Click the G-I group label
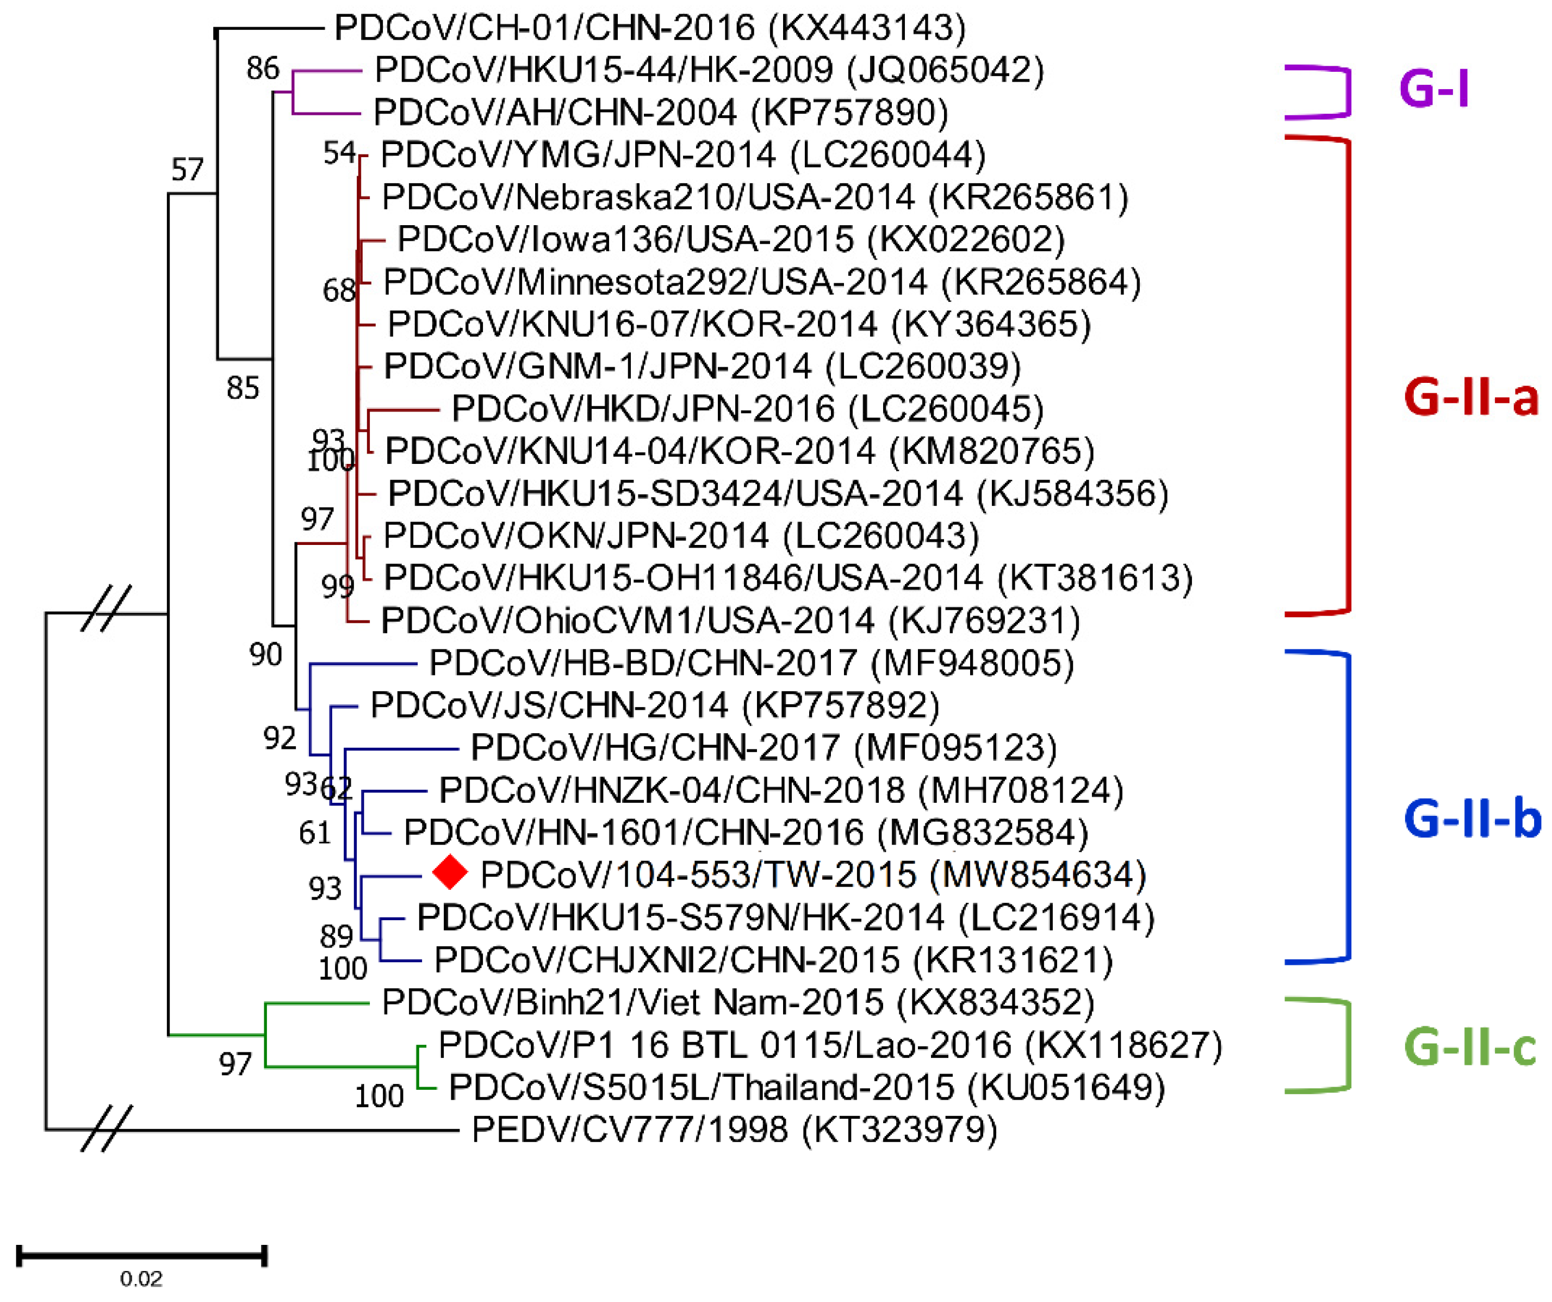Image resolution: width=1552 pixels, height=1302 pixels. [x=1434, y=89]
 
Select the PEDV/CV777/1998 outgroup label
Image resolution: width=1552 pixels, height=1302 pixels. [x=734, y=1130]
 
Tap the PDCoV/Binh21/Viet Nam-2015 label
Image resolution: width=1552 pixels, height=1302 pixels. [x=737, y=1003]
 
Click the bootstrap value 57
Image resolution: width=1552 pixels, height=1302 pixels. [x=187, y=170]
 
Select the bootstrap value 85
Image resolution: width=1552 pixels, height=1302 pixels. [x=243, y=388]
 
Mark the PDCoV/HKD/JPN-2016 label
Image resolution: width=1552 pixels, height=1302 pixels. [x=747, y=408]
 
